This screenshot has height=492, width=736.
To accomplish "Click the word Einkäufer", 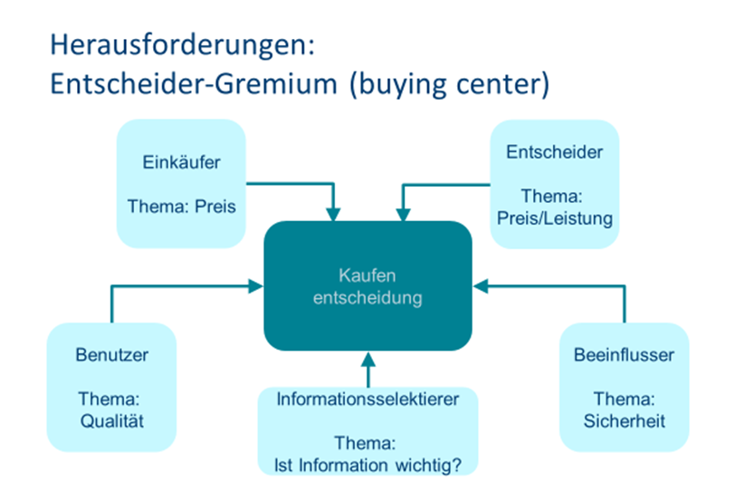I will point(181,163).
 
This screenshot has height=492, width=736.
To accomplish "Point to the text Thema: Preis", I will point(181,207).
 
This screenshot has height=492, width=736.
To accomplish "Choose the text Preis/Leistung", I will point(555,217).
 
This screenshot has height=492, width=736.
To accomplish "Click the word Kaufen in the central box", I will point(368,275).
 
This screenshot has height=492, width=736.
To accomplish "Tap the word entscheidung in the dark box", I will point(368,297).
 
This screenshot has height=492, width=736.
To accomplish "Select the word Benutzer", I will point(111,354).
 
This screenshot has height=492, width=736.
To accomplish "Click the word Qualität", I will point(111,420).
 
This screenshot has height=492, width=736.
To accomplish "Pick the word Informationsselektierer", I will point(368,399).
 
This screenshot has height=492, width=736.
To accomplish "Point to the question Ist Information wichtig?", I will point(368,465).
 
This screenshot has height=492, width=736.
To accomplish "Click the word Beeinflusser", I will point(624,354).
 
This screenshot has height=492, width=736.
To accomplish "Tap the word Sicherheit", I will point(624,420).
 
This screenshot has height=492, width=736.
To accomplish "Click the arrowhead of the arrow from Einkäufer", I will point(334,215).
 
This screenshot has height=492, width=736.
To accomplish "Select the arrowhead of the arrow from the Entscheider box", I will point(401,215).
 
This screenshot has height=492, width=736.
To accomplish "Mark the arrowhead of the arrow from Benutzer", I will point(256,286).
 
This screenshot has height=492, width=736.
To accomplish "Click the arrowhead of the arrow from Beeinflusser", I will point(480,286).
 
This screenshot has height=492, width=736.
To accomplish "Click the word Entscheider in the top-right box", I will point(555,151).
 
